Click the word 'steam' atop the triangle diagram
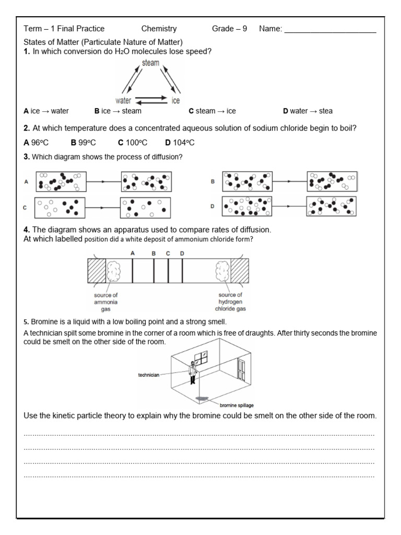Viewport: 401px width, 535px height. pyautogui.click(x=150, y=63)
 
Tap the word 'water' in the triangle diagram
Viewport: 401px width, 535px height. pyautogui.click(x=123, y=100)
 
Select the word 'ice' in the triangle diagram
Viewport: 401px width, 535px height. pyautogui.click(x=176, y=100)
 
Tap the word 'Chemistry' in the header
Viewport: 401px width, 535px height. pyautogui.click(x=159, y=29)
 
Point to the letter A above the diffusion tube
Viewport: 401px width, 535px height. pyautogui.click(x=133, y=253)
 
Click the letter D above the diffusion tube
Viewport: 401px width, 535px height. pyautogui.click(x=182, y=253)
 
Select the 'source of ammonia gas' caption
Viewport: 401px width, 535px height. pyautogui.click(x=106, y=302)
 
